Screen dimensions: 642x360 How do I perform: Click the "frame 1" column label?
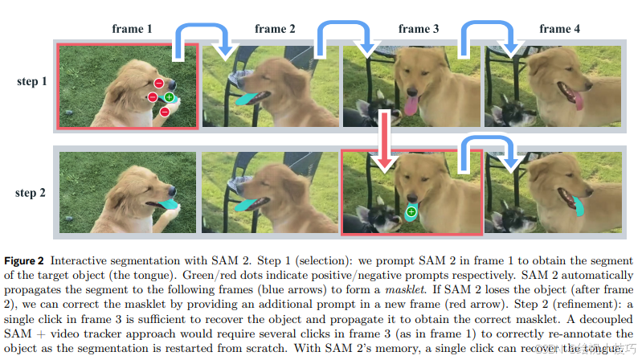[x=132, y=29]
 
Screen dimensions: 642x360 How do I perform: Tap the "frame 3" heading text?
[x=418, y=29]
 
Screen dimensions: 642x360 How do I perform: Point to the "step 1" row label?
[x=32, y=81]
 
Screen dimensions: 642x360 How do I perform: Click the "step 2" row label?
[x=32, y=192]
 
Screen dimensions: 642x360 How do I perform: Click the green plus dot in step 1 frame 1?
[x=169, y=97]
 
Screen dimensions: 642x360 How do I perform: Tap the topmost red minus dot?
[x=159, y=83]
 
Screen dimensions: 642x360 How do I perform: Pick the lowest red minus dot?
[x=164, y=112]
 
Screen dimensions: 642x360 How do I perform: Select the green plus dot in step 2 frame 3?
[x=411, y=212]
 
